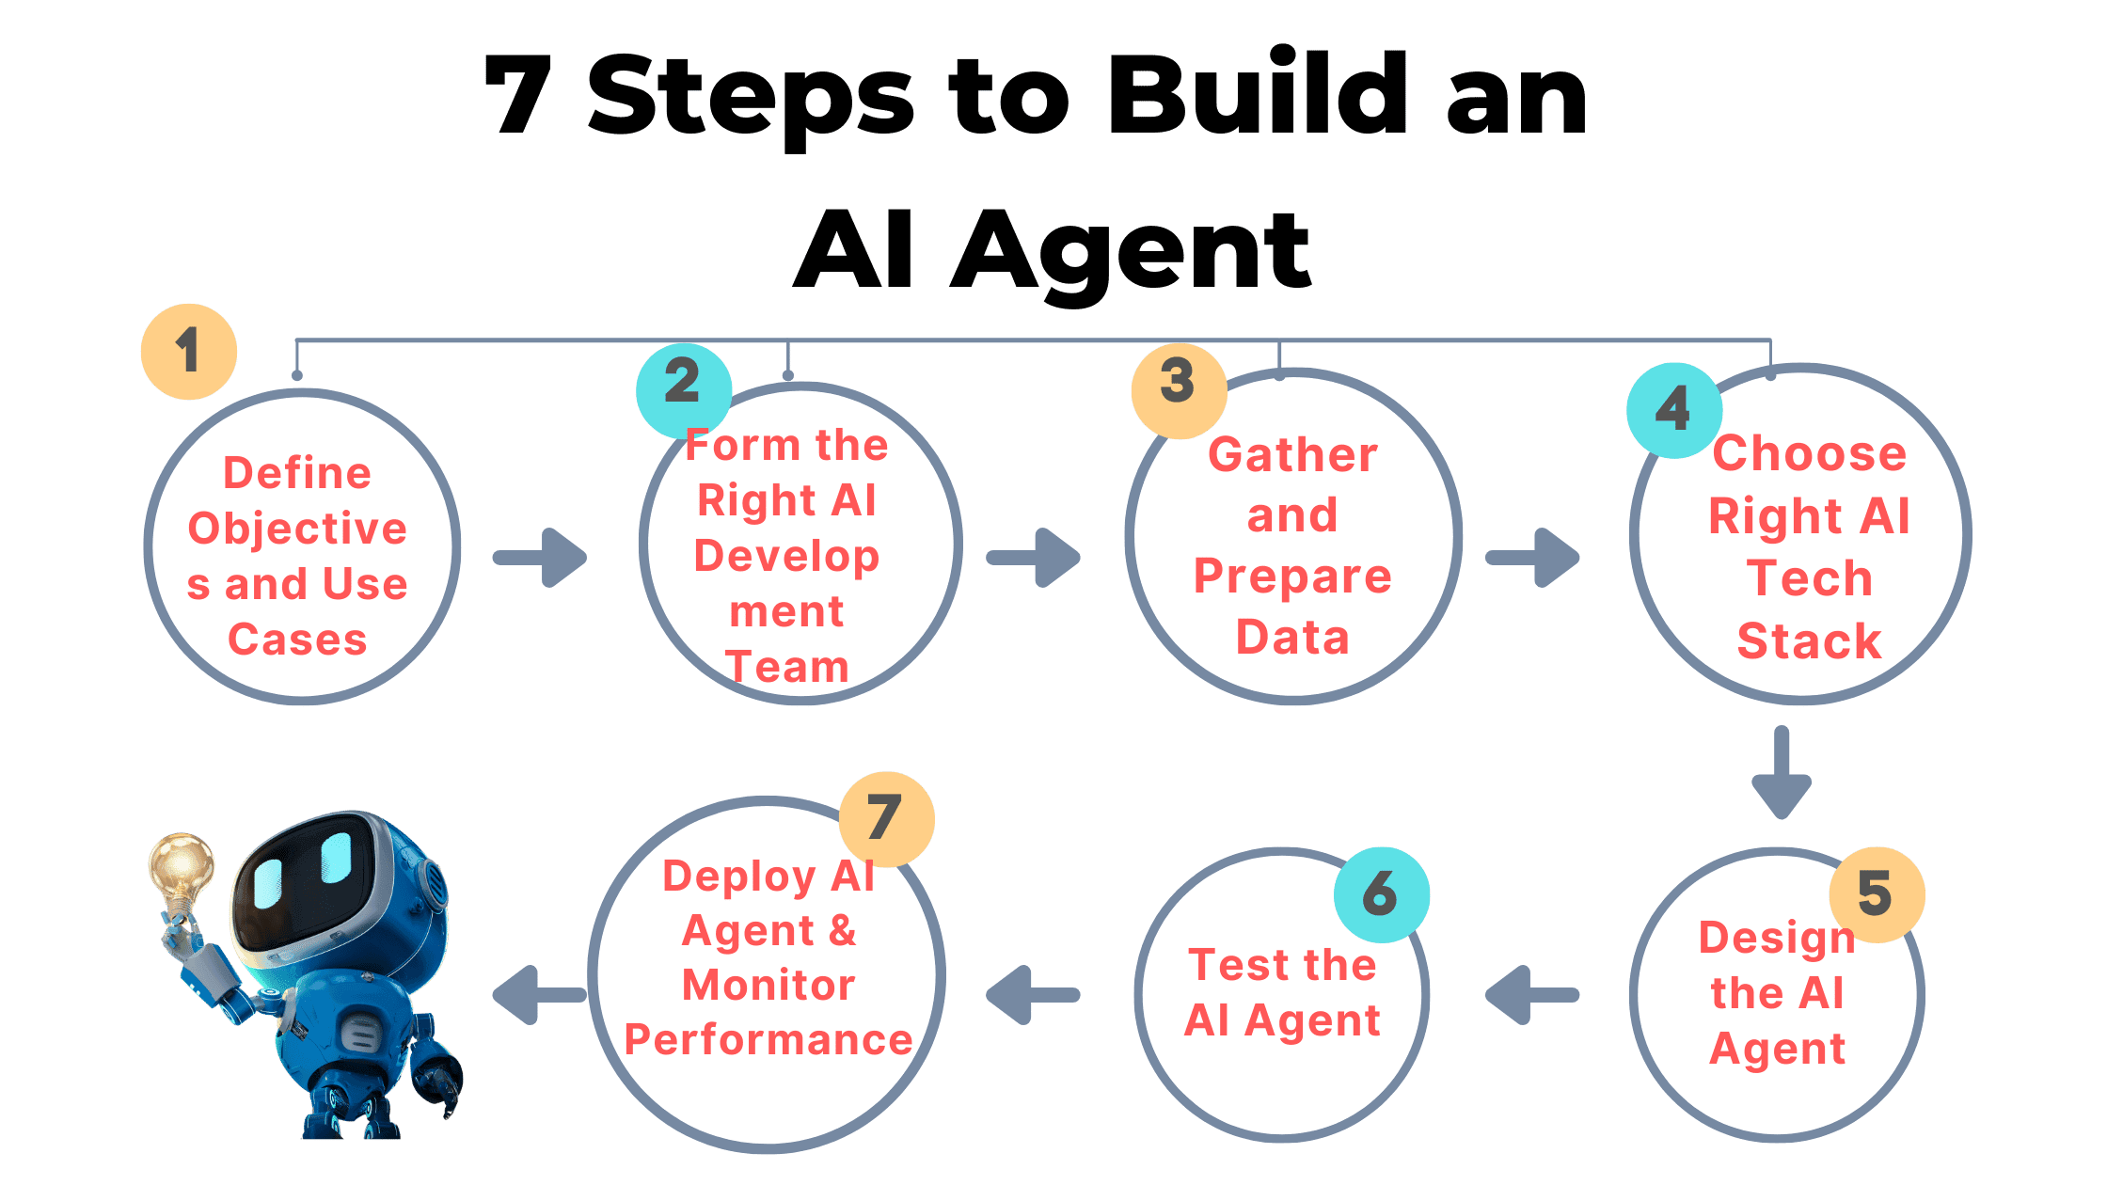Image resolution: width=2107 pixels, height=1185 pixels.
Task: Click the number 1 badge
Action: click(x=189, y=352)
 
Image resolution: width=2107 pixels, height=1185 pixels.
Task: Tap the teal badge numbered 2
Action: click(x=684, y=389)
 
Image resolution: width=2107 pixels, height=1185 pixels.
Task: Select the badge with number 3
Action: click(x=1179, y=389)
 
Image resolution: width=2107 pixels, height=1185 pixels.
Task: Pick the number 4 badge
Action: click(x=1674, y=410)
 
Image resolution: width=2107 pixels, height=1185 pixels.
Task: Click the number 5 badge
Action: click(x=1877, y=894)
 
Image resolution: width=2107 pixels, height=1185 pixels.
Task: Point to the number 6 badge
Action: click(x=1381, y=894)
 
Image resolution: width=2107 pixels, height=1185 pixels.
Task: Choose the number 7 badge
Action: click(x=886, y=819)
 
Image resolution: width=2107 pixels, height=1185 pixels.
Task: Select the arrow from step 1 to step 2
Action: click(x=541, y=558)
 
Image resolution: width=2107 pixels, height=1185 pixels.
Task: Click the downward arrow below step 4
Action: click(x=1782, y=771)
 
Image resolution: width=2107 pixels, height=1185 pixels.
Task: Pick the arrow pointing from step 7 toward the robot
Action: click(x=538, y=994)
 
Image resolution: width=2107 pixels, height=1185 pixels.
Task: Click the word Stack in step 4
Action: click(x=1809, y=640)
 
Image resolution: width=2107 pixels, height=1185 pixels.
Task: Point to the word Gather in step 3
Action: click(x=1292, y=455)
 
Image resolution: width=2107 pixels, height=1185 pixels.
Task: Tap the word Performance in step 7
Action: click(x=768, y=1040)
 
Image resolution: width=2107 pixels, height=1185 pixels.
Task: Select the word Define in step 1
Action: click(x=297, y=473)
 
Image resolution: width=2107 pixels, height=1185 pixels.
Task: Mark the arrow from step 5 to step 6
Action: click(x=1531, y=994)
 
